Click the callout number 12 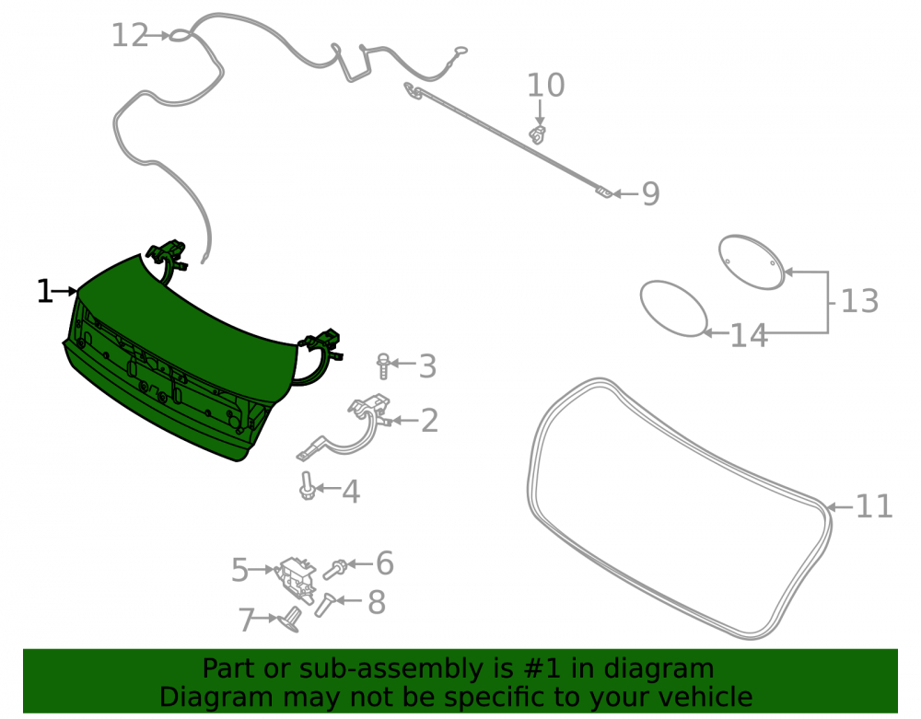[x=130, y=35]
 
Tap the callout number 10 [x=545, y=86]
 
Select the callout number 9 [x=651, y=193]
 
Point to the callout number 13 [x=859, y=301]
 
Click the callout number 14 [x=749, y=336]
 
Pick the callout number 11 [x=875, y=506]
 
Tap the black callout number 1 [x=44, y=291]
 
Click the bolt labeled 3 [x=383, y=365]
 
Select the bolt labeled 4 [x=307, y=486]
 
